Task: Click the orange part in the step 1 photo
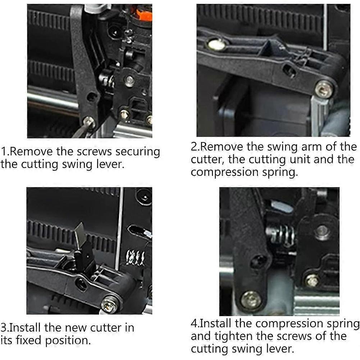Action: pyautogui.click(x=144, y=15)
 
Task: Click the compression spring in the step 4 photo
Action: pyautogui.click(x=280, y=236)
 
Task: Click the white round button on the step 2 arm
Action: pyautogui.click(x=216, y=44)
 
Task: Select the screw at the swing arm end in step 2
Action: pyautogui.click(x=324, y=88)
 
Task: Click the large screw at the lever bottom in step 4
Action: pyautogui.click(x=251, y=300)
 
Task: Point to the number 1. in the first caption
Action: pyautogui.click(x=5, y=151)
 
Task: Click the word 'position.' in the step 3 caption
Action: pyautogui.click(x=68, y=341)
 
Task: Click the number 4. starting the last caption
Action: pyautogui.click(x=195, y=323)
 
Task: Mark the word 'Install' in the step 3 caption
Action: pyautogui.click(x=26, y=328)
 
